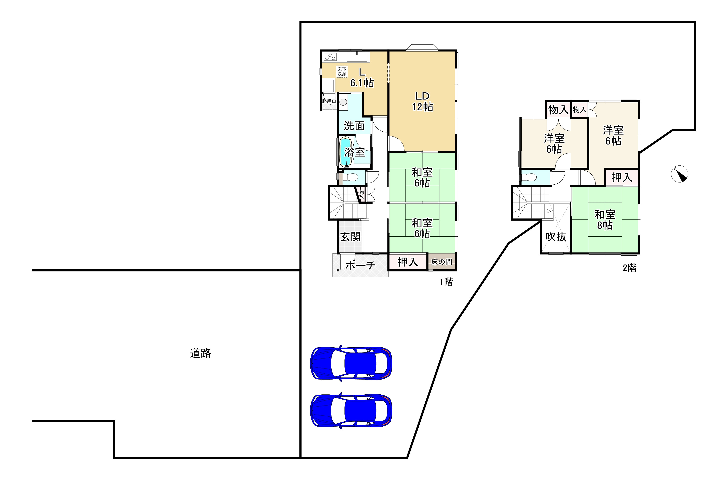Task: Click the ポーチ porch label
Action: tap(360, 265)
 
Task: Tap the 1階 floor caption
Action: tap(446, 282)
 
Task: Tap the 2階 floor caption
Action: tap(630, 268)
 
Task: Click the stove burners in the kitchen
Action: tap(330, 57)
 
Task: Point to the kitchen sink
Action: tap(357, 57)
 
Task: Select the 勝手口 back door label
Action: tap(329, 101)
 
